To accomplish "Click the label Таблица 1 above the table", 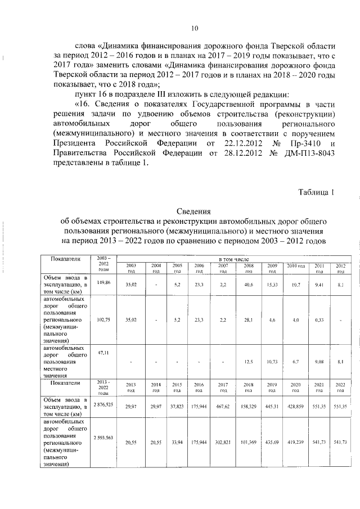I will (316, 192).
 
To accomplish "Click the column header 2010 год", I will (296, 265).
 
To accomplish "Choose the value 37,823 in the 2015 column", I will (177, 406).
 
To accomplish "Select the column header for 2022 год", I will (340, 387).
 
